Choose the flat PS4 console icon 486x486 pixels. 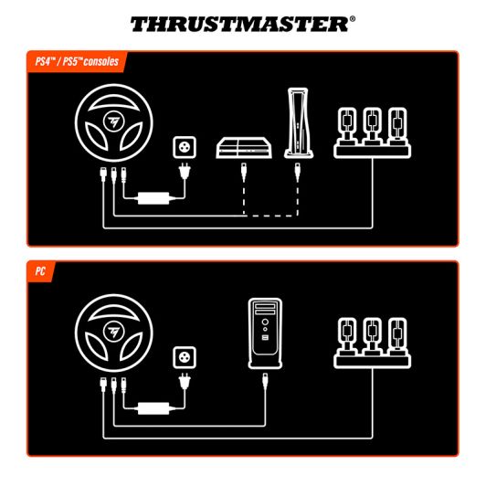[x=243, y=149]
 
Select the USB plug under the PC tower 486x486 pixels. [x=265, y=378]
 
